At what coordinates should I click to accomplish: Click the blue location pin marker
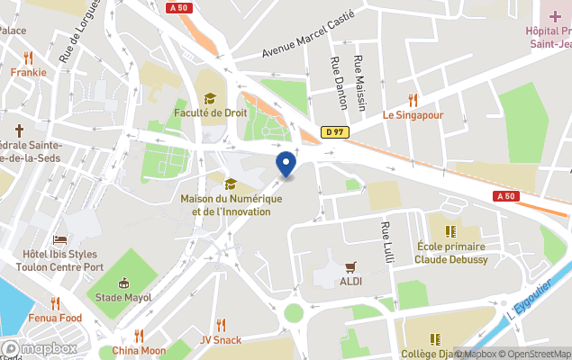pyautogui.click(x=286, y=164)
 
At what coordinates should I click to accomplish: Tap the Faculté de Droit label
pyautogui.click(x=210, y=113)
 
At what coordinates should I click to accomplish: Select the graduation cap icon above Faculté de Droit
pyautogui.click(x=210, y=98)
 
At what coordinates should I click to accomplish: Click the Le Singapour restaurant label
pyautogui.click(x=413, y=115)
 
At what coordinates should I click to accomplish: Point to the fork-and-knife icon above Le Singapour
pyautogui.click(x=413, y=100)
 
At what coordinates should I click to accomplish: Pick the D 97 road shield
pyautogui.click(x=335, y=132)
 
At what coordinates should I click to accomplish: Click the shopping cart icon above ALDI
pyautogui.click(x=351, y=267)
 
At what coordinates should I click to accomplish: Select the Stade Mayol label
pyautogui.click(x=123, y=297)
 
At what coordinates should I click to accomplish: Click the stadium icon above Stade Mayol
pyautogui.click(x=123, y=282)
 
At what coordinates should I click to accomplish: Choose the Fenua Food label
pyautogui.click(x=54, y=319)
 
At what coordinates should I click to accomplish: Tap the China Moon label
pyautogui.click(x=139, y=351)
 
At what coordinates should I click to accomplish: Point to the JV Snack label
pyautogui.click(x=221, y=340)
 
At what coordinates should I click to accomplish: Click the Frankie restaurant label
pyautogui.click(x=29, y=72)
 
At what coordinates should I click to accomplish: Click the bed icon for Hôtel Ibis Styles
pyautogui.click(x=59, y=240)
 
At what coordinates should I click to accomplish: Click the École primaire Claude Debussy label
pyautogui.click(x=451, y=253)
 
